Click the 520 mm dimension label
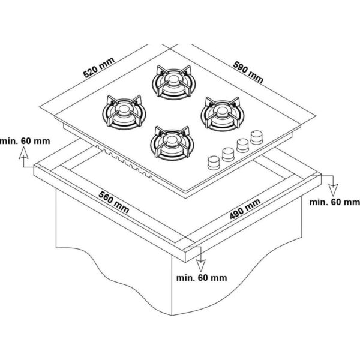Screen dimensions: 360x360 [99, 67]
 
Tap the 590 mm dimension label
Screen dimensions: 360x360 [248, 72]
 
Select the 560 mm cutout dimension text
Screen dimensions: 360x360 [114, 202]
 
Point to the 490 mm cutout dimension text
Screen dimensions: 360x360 [245, 208]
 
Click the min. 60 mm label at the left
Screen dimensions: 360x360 [25, 141]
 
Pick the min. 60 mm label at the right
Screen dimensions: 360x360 [335, 202]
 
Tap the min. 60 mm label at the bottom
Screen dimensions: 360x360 [202, 278]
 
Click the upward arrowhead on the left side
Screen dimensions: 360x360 [23, 153]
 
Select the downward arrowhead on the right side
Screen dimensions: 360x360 [333, 190]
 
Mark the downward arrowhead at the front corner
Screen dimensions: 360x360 [200, 266]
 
